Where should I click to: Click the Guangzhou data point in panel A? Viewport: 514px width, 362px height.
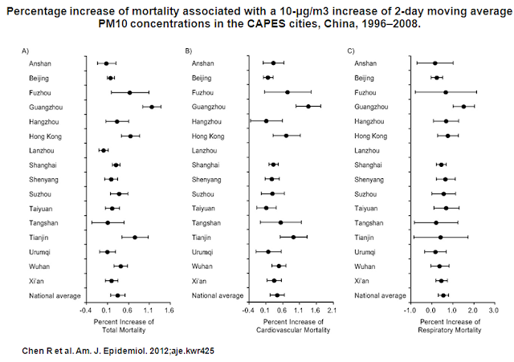152,107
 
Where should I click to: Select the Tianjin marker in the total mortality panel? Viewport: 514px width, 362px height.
135,237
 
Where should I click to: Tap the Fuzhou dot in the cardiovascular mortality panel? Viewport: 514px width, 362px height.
288,92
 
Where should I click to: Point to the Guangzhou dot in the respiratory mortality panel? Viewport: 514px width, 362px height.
463,107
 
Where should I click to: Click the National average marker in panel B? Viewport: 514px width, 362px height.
278,295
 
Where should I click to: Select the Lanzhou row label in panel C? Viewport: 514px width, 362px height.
367,150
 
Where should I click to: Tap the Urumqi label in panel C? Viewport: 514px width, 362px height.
365,251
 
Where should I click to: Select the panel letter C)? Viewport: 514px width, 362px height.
350,51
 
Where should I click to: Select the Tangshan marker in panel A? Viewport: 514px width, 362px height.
108,222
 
